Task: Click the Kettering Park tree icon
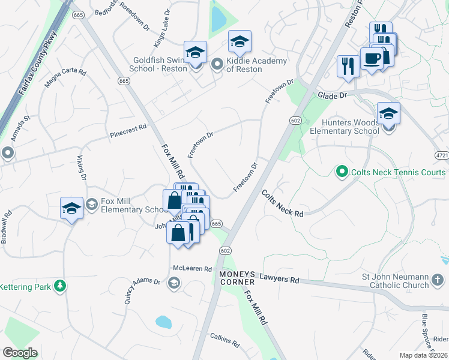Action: pos(59,286)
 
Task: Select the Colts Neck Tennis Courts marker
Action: pos(342,172)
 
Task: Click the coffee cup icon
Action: pos(372,58)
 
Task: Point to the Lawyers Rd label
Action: pos(279,279)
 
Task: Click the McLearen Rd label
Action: pos(193,269)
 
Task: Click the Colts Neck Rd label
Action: pos(282,203)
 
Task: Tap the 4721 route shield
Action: pos(441,155)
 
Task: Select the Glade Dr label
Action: pos(333,95)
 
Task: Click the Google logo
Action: pos(20,353)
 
